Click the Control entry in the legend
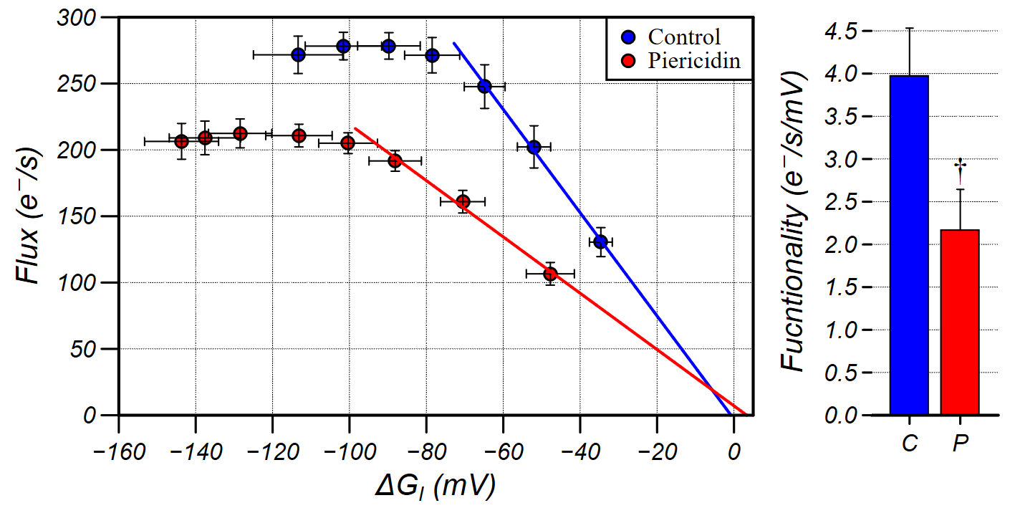tap(673, 37)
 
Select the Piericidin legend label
tap(683, 61)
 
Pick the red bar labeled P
tap(960, 322)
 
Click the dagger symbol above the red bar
tap(961, 169)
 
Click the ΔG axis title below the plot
tap(435, 487)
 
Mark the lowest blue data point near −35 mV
tap(600, 242)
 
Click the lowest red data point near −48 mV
tap(550, 274)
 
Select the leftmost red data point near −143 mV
tap(181, 141)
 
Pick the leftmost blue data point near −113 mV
tap(299, 54)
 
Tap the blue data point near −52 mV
tap(534, 147)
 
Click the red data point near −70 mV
tap(463, 201)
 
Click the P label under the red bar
tap(960, 444)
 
